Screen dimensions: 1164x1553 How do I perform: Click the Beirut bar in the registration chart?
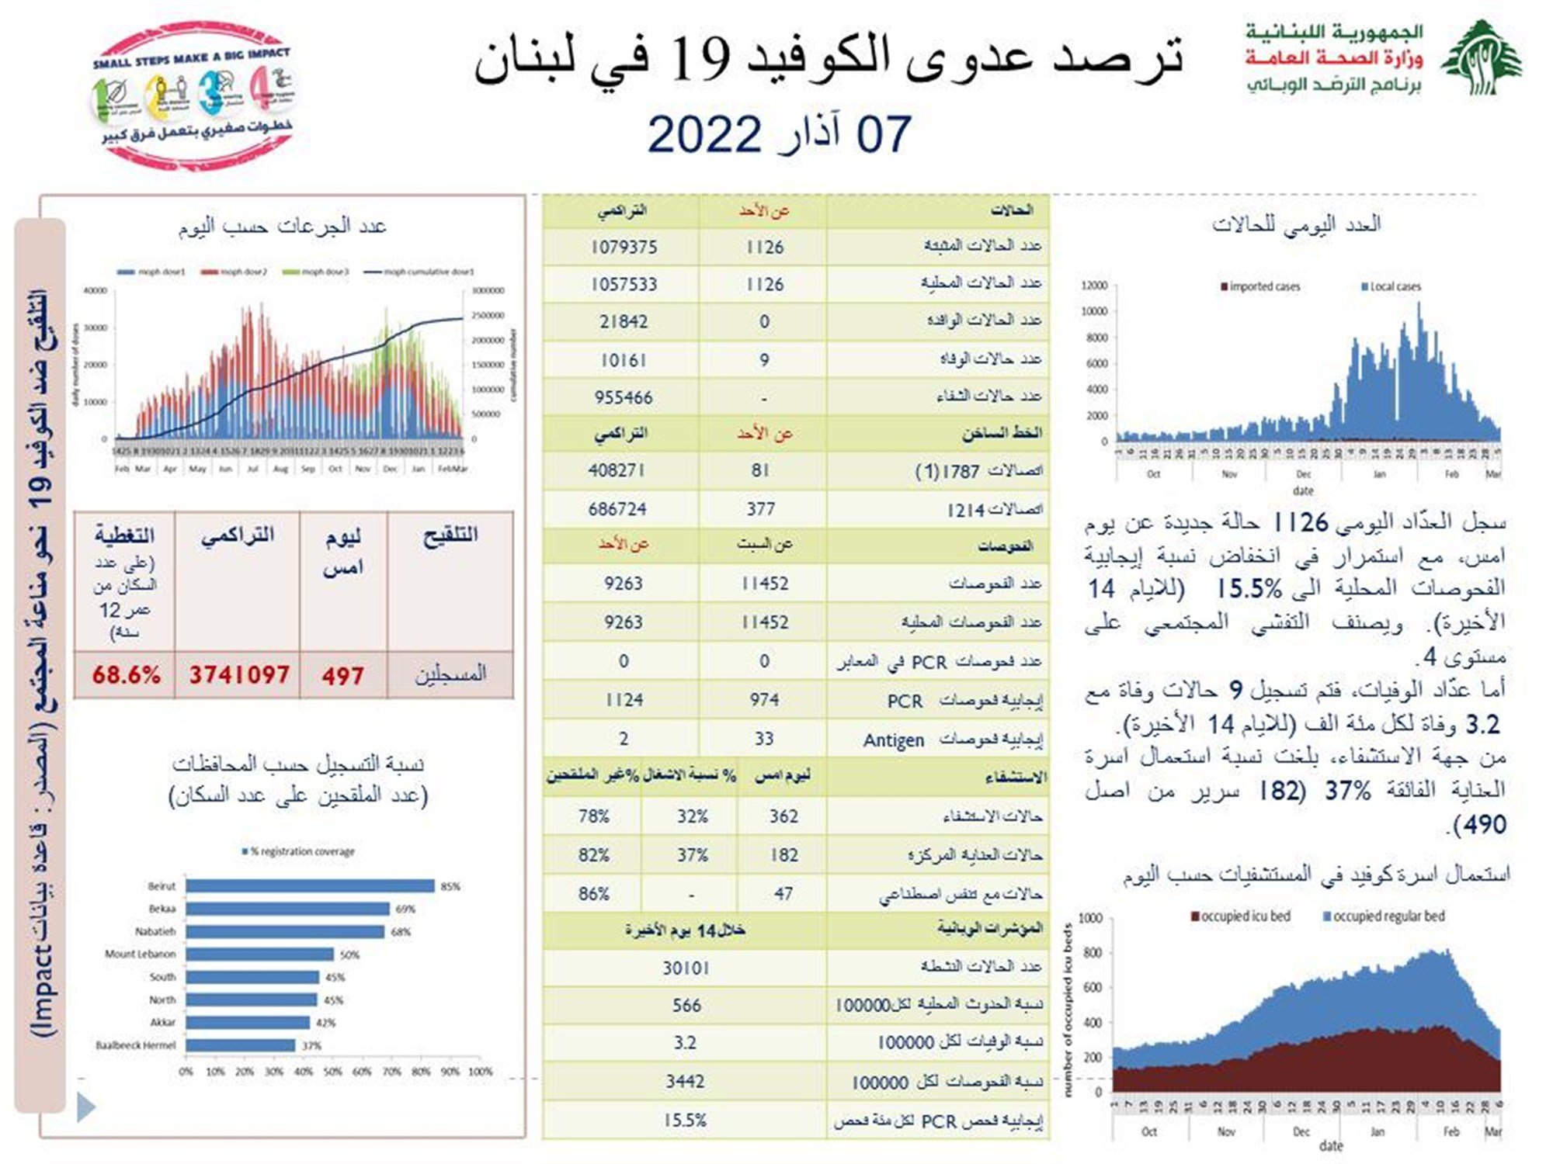tap(310, 885)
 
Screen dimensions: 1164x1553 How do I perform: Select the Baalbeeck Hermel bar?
tap(241, 1045)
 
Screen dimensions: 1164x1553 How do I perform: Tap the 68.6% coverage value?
tap(126, 674)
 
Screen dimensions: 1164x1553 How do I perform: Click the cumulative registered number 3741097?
tap(239, 674)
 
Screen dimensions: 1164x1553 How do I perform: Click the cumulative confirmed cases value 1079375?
tap(624, 247)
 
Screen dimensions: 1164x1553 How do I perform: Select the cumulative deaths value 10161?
tap(624, 360)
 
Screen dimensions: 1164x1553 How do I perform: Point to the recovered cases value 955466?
tap(624, 397)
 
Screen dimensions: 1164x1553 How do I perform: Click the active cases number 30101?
tap(686, 968)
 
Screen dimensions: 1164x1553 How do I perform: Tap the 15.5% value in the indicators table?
tap(685, 1121)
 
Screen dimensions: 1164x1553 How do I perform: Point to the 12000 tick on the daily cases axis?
tap(1094, 286)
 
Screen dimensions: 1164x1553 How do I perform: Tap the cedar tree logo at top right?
tap(1482, 58)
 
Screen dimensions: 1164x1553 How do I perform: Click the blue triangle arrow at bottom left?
tap(86, 1107)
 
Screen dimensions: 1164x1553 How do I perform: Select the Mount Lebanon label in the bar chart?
tap(141, 954)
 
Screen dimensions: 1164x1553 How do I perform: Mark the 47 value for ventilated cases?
tap(783, 894)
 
